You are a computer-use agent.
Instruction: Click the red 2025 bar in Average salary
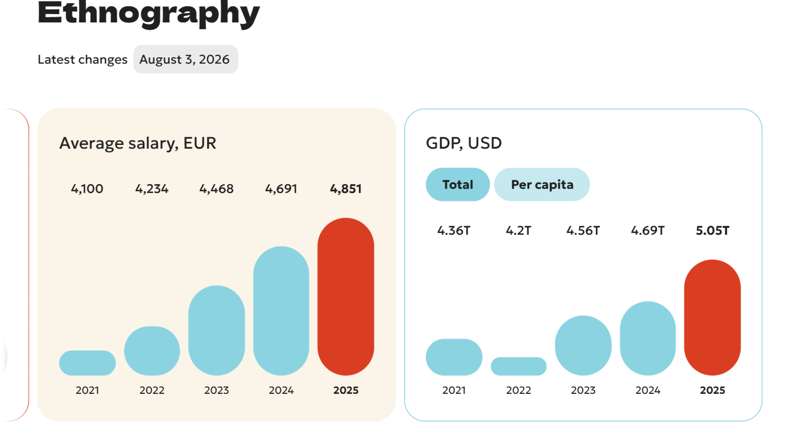(346, 296)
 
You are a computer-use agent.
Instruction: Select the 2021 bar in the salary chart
(87, 363)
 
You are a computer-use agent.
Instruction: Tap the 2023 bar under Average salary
(216, 330)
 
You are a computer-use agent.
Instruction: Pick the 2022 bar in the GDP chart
(519, 366)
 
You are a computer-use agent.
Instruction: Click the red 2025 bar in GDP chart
(712, 317)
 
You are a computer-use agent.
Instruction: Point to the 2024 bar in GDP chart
(648, 338)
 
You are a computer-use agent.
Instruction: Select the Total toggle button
(458, 184)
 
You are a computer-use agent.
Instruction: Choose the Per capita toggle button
(542, 184)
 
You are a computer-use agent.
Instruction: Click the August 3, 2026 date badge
(186, 59)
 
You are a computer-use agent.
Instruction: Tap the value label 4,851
(346, 189)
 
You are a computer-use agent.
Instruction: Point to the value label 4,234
(152, 189)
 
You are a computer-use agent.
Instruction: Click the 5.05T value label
(712, 231)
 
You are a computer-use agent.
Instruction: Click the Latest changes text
(83, 59)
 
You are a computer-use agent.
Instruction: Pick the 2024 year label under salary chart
(281, 390)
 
